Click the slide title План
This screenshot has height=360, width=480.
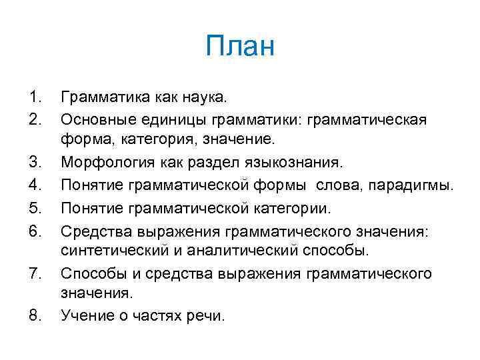coord(240,47)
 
